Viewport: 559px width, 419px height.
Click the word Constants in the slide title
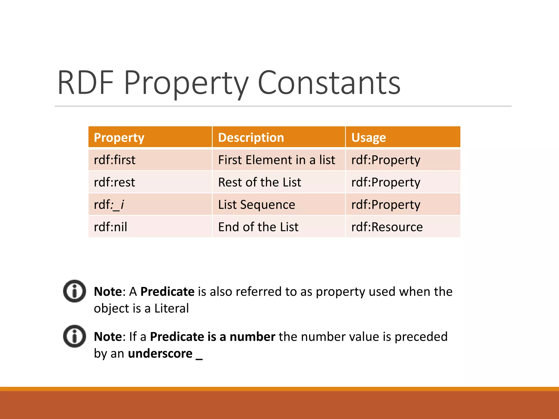[329, 83]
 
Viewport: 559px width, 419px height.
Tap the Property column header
[119, 137]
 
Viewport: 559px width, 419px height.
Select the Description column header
[251, 137]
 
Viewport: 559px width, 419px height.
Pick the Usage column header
[368, 137]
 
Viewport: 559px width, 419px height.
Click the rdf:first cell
[115, 160]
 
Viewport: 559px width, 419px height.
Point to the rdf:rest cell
[114, 182]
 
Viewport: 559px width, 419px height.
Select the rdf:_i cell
[109, 205]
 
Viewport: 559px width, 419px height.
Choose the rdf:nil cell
[110, 227]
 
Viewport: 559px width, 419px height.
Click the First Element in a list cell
[276, 160]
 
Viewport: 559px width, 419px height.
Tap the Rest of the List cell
[260, 182]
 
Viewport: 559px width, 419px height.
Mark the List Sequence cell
[257, 205]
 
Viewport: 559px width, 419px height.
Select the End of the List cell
[258, 227]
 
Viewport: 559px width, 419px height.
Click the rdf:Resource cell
[387, 227]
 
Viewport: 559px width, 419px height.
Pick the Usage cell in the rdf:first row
[386, 160]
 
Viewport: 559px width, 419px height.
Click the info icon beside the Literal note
[75, 291]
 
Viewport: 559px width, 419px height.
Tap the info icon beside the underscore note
[75, 336]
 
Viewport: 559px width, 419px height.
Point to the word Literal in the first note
[171, 309]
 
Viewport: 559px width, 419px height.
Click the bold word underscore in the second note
[160, 354]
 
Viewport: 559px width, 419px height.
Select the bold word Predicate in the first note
[167, 292]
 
